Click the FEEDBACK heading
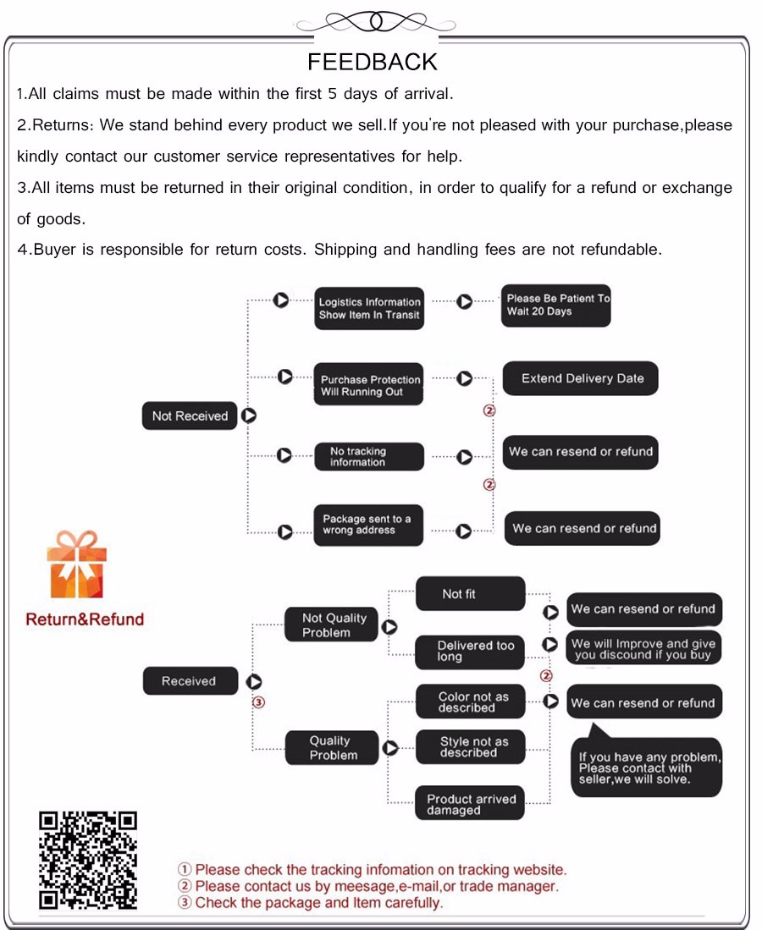pyautogui.click(x=373, y=62)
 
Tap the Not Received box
pyautogui.click(x=190, y=416)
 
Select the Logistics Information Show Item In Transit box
pyautogui.click(x=369, y=308)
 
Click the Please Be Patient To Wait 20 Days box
pyautogui.click(x=556, y=305)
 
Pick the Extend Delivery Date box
pyautogui.click(x=582, y=378)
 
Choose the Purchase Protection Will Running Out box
pyautogui.click(x=369, y=386)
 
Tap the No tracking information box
pyautogui.click(x=369, y=457)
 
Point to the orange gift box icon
pyautogui.click(x=76, y=565)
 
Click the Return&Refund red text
pyautogui.click(x=85, y=619)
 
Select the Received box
pyautogui.click(x=190, y=681)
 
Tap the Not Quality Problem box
pyautogui.click(x=331, y=625)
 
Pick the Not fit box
pyautogui.click(x=470, y=594)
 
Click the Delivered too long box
pyautogui.click(x=470, y=651)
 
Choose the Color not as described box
pyautogui.click(x=470, y=702)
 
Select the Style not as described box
pyautogui.click(x=470, y=747)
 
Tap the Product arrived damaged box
pyautogui.click(x=470, y=804)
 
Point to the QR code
pyautogui.click(x=88, y=861)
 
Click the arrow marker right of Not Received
pyautogui.click(x=249, y=416)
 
